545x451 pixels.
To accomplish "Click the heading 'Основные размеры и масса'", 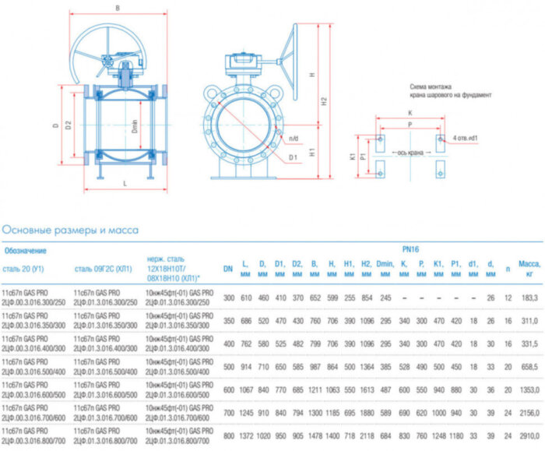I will (x=70, y=230).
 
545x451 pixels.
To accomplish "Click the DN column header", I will (x=228, y=269).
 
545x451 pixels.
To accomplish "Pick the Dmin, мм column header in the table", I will (x=385, y=269).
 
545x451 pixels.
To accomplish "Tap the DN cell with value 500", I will (x=228, y=365).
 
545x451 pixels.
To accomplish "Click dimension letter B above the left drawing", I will (x=117, y=9).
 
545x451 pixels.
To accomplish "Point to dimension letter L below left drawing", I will (x=125, y=184).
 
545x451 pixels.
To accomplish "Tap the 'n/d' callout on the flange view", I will (x=294, y=139).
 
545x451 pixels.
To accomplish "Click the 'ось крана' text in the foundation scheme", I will (x=408, y=153).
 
